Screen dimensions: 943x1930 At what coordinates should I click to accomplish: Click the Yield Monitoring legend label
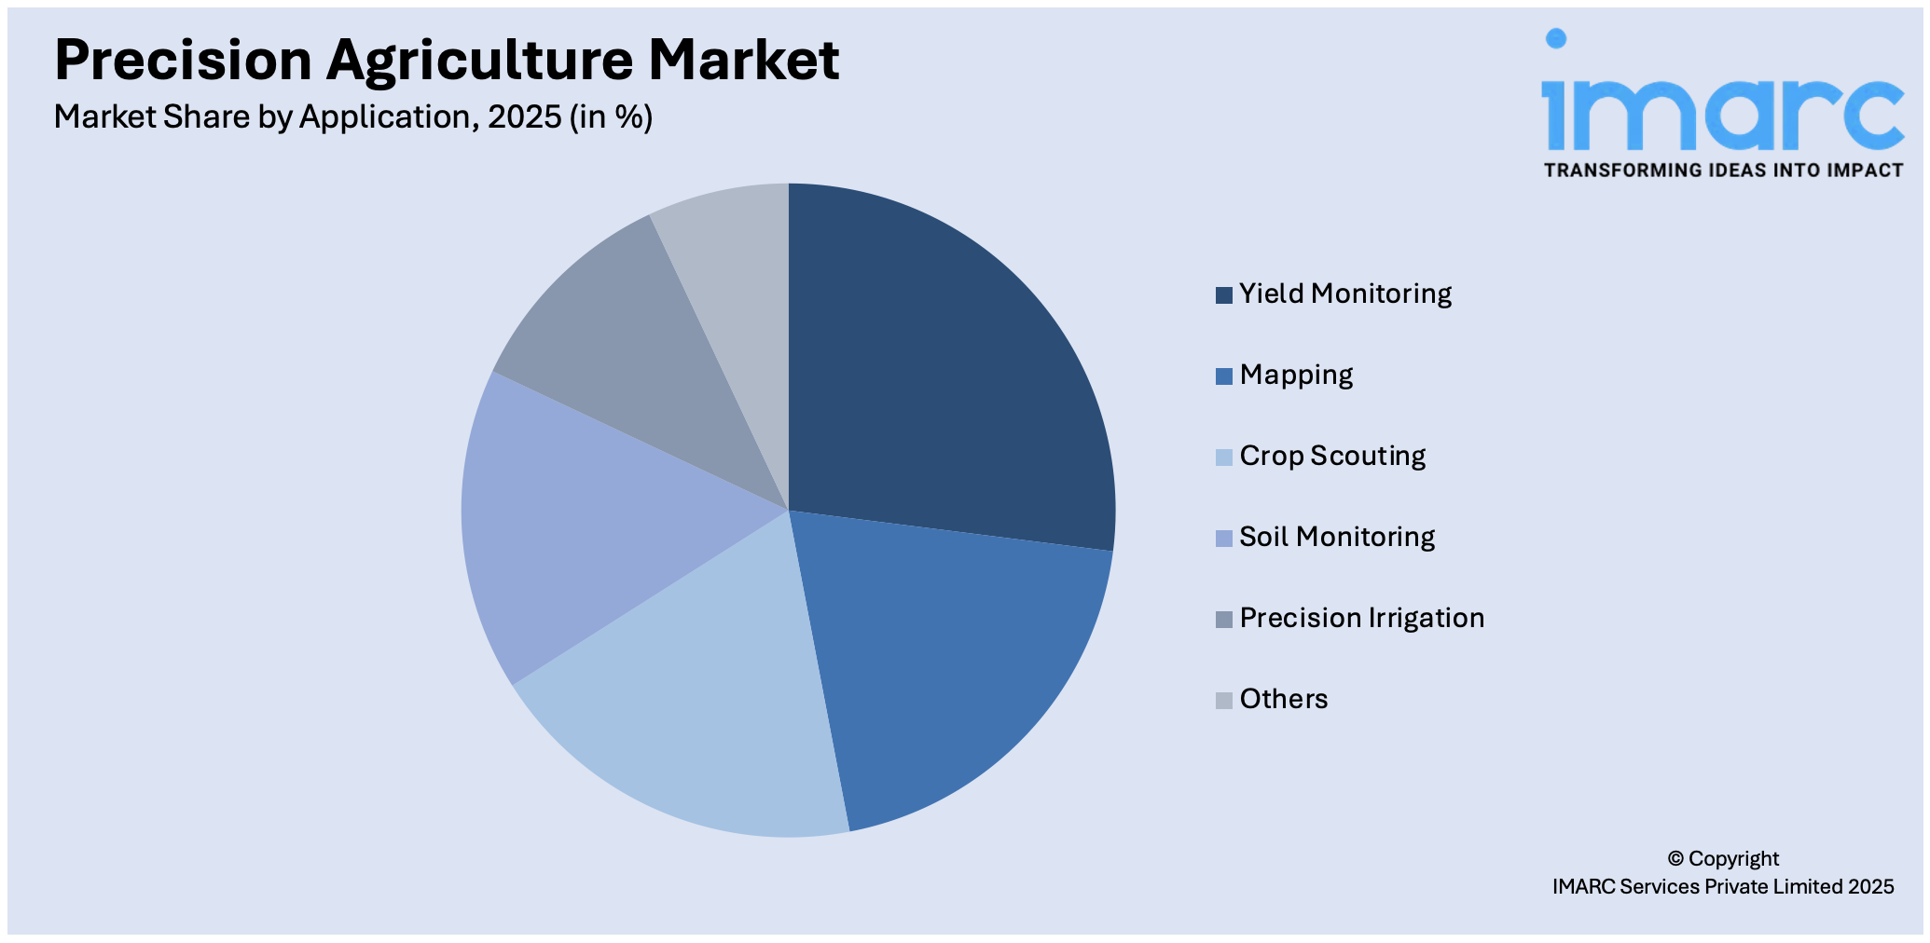tap(1344, 294)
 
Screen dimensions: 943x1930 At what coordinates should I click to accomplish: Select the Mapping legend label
tap(1296, 376)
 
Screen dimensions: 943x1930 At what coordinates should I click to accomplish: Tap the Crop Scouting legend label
tap(1332, 457)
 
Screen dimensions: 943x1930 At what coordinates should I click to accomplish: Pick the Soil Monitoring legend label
tap(1337, 538)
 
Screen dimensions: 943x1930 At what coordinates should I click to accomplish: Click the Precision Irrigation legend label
tap(1361, 619)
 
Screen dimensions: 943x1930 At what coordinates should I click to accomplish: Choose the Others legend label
tap(1283, 700)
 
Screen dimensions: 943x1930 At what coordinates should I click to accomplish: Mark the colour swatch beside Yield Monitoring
tap(1223, 295)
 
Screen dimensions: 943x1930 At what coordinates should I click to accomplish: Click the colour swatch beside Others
tap(1223, 701)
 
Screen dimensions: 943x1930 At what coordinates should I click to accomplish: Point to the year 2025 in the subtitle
tap(524, 117)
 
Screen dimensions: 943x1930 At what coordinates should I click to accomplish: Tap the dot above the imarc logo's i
tap(1555, 38)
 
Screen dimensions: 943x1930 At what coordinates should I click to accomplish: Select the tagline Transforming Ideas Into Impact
tap(1723, 171)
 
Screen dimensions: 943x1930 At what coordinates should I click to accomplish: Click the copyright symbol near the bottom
tap(1675, 859)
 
